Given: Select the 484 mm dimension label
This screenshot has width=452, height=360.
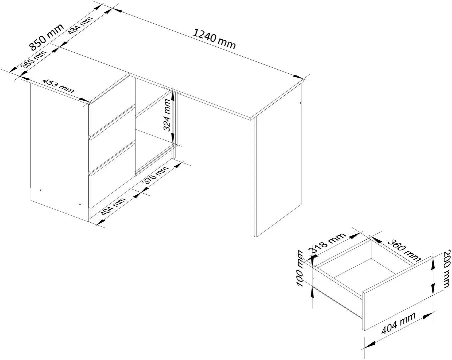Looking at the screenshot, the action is tap(80, 25).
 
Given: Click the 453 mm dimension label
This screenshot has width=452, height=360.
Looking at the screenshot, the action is tap(58, 86).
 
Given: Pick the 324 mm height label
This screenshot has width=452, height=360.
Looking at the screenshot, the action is tap(167, 115).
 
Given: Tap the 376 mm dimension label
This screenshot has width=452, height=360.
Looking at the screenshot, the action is tap(156, 175).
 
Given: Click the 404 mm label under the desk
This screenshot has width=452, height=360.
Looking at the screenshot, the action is tap(114, 207).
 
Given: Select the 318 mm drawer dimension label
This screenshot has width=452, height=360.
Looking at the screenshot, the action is tap(328, 243).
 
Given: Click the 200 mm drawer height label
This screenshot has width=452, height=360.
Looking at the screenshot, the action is tap(447, 269).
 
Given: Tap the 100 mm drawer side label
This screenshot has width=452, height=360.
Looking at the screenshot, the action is tap(299, 269).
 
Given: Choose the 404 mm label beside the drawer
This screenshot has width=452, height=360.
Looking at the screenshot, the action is tap(398, 323).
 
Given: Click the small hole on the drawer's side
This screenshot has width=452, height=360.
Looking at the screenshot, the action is tap(313, 278).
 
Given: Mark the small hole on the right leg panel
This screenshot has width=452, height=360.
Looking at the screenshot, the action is tap(300, 103).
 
